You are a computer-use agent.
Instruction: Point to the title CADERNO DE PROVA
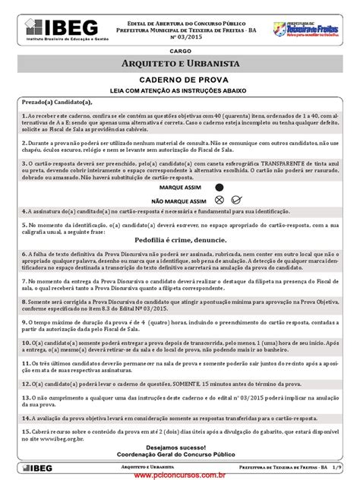(x=180, y=79)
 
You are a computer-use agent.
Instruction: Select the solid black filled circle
(x=220, y=185)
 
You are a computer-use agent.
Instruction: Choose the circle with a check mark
(x=237, y=199)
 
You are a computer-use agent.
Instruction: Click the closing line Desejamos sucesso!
(x=180, y=447)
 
